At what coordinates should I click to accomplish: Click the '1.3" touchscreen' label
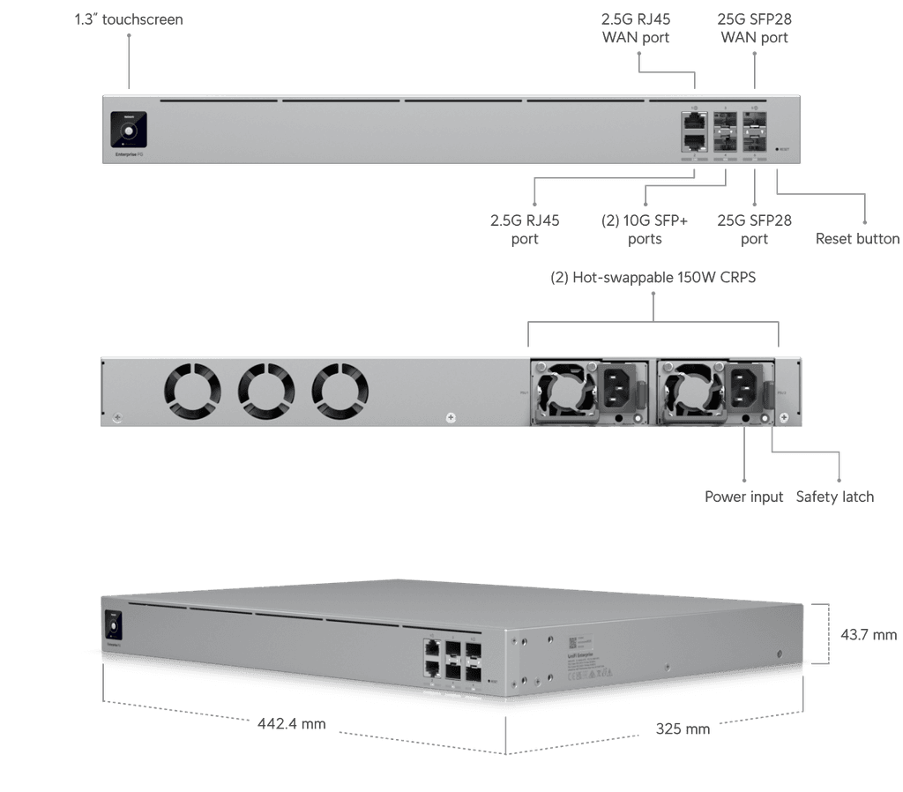point(129,19)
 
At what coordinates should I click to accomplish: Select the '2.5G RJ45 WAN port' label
point(636,29)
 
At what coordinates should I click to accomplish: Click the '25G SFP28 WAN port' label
point(754,29)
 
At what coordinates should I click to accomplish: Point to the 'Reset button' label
point(857,239)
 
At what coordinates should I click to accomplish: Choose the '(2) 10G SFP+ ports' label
point(644,229)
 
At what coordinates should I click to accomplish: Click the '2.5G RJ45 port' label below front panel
point(525,229)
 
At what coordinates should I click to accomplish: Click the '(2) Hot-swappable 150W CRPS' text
point(653,277)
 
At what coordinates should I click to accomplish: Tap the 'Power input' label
point(743,497)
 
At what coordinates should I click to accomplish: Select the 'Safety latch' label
point(834,497)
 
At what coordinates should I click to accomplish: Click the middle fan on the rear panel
point(266,392)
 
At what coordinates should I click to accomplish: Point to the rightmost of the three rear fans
point(340,392)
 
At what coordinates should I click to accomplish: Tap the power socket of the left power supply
point(620,388)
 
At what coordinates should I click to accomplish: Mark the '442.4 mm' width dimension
point(292,725)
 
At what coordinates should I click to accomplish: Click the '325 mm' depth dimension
point(683,729)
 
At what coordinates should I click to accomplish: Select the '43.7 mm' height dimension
point(869,634)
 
